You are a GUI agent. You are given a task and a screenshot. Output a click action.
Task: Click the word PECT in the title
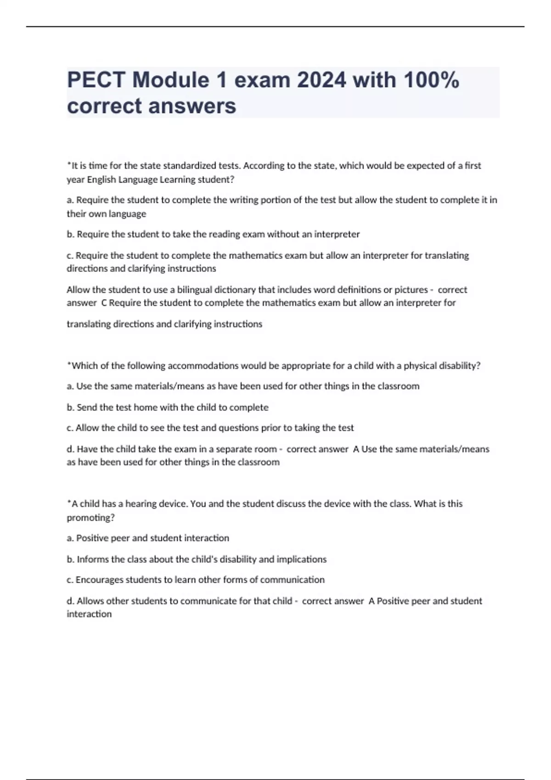click(96, 80)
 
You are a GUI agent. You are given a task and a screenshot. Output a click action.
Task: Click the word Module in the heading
click(171, 80)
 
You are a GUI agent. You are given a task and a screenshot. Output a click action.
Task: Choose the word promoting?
click(90, 518)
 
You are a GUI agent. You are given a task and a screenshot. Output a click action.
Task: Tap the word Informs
click(92, 559)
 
